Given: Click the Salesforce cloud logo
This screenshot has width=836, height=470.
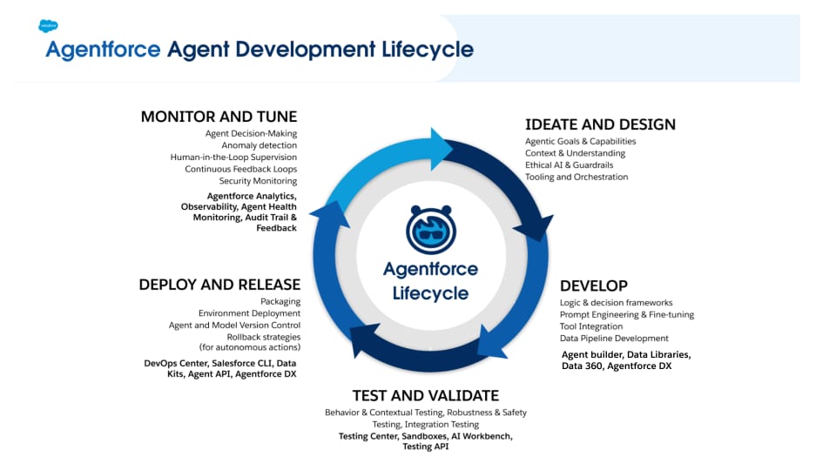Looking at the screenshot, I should (48, 26).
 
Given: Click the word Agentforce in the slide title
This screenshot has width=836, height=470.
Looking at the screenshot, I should (103, 50).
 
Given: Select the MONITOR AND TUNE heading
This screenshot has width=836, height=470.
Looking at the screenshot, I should (219, 117).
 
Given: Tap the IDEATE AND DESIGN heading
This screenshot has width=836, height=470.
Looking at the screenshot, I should (600, 124).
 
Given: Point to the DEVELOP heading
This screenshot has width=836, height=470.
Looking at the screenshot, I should (594, 285).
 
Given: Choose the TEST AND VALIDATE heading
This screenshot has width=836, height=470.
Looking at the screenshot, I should (425, 395).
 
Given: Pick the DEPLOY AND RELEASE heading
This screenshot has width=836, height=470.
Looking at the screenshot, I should (219, 285).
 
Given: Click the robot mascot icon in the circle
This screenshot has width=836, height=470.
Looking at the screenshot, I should (430, 230).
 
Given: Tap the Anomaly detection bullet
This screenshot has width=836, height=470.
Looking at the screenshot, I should (259, 145).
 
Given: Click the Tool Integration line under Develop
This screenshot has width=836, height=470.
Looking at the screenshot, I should (591, 326).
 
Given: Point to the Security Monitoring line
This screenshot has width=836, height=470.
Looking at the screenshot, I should (258, 181).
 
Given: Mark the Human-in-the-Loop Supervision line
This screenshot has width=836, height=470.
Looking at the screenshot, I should (233, 158).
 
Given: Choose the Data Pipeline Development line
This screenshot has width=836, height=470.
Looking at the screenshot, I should (614, 339).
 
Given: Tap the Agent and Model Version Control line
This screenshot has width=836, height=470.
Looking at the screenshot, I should (234, 326).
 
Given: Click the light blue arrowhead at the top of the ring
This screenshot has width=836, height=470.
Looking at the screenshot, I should (437, 144).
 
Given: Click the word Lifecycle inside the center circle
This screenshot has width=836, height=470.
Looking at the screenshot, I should (430, 293).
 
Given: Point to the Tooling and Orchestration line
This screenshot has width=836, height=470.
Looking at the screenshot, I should (576, 178).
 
